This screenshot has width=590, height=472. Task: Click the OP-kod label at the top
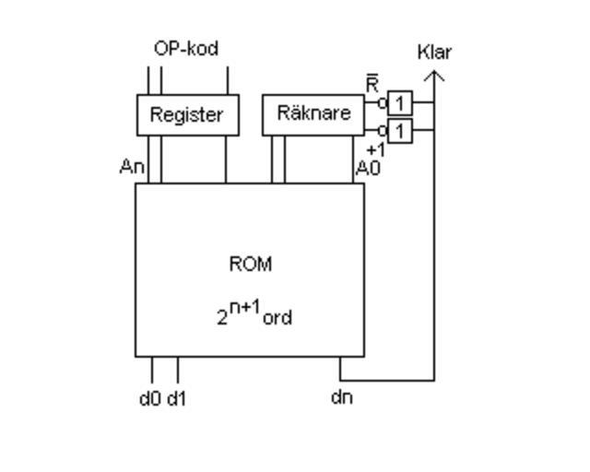click(x=186, y=49)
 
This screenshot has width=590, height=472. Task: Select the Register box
click(x=187, y=114)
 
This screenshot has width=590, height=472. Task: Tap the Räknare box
click(x=313, y=114)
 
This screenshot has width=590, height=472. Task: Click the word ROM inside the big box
click(x=250, y=265)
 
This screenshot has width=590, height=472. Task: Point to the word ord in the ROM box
click(x=277, y=318)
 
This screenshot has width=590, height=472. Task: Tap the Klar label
click(x=434, y=52)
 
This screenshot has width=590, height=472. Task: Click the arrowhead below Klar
click(x=434, y=75)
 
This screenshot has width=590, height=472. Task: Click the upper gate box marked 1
click(x=399, y=102)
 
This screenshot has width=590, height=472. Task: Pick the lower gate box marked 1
click(x=399, y=131)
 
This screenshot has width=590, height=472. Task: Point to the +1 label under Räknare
click(x=375, y=149)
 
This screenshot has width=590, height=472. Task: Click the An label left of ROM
click(x=132, y=168)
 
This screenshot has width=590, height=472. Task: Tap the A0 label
click(x=368, y=169)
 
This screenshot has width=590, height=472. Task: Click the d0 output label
click(x=149, y=398)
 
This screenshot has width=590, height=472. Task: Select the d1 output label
click(x=177, y=398)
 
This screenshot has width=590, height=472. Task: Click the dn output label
click(x=341, y=398)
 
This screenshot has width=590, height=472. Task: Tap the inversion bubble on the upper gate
click(x=383, y=103)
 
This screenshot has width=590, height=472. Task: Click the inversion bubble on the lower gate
click(x=383, y=131)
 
